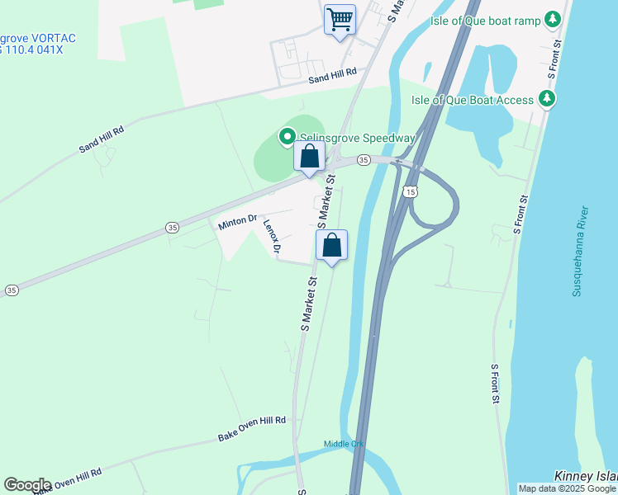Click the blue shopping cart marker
click(x=340, y=19)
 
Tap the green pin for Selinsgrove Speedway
click(x=288, y=136)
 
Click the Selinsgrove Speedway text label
click(x=356, y=138)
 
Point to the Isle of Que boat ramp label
click(x=487, y=20)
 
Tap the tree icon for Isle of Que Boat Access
click(x=546, y=100)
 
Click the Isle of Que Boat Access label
click(x=473, y=101)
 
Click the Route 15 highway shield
click(x=411, y=191)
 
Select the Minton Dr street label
click(x=238, y=221)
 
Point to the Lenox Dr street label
click(x=273, y=236)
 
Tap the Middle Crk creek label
click(x=344, y=444)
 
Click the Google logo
click(x=27, y=484)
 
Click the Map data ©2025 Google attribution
click(x=568, y=488)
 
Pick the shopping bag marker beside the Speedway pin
click(x=309, y=156)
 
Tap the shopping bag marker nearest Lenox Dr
click(x=331, y=245)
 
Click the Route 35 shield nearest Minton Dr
click(x=172, y=227)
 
